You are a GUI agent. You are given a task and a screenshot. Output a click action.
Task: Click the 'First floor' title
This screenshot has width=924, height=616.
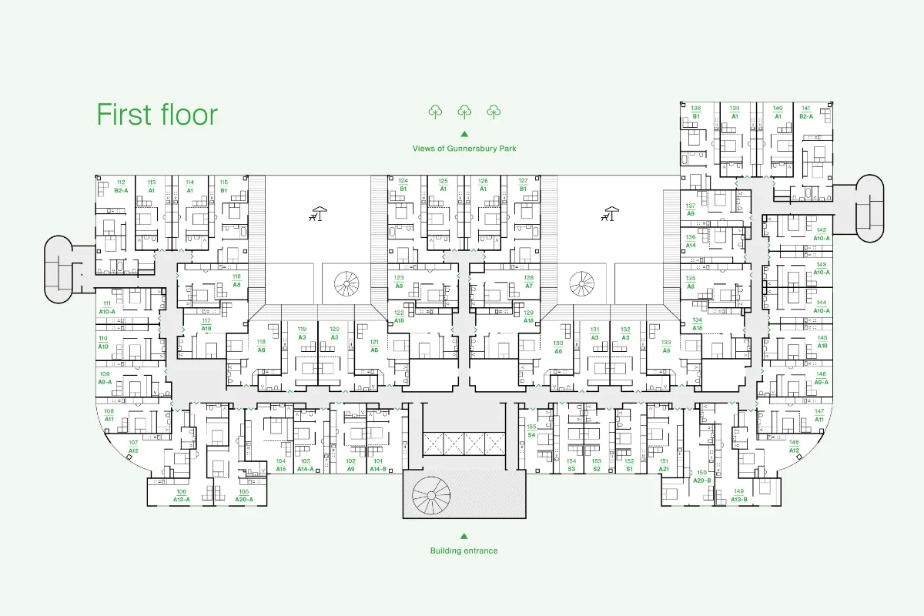[x=157, y=115]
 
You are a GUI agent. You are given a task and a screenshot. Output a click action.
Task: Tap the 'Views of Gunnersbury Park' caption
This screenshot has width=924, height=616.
[x=464, y=148]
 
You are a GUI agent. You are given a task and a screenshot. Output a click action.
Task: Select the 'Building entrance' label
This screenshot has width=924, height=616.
[x=464, y=551]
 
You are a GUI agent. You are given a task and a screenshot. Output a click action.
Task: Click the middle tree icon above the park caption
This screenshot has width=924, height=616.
[x=464, y=112]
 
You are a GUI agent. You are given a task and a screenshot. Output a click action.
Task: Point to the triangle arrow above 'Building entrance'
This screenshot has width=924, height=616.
[x=464, y=536]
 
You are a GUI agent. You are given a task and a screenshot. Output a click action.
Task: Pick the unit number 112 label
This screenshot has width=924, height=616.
[x=121, y=182]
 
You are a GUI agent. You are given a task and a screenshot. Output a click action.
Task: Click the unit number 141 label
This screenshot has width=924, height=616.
[x=806, y=109]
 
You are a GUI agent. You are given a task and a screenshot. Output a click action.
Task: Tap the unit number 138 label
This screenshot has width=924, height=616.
[x=696, y=109]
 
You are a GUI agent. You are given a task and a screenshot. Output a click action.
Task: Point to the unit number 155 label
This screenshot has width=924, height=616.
[x=531, y=427]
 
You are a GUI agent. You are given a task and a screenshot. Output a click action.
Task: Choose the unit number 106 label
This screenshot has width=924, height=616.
[x=181, y=491]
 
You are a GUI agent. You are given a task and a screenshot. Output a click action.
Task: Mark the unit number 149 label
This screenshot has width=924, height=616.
[x=738, y=491]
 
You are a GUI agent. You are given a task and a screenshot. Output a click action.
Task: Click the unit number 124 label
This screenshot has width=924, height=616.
[x=403, y=181]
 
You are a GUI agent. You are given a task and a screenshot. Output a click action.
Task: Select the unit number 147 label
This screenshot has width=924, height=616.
[x=819, y=411]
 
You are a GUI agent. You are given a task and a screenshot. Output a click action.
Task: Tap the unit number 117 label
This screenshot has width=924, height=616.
[x=206, y=320]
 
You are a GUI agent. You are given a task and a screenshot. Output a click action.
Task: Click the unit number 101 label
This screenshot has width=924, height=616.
[x=378, y=460]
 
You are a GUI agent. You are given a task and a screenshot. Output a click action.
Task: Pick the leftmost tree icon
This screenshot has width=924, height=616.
[x=435, y=112]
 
